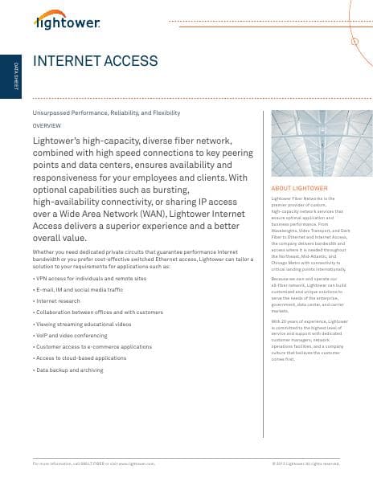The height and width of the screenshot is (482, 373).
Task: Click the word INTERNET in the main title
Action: click(x=64, y=62)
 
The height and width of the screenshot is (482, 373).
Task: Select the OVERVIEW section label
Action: click(x=46, y=126)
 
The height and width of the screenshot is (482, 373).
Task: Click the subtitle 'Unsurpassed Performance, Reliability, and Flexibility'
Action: click(x=106, y=113)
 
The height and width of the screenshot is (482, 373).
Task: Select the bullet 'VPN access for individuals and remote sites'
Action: click(x=90, y=277)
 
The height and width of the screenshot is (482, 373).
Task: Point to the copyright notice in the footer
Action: click(x=306, y=464)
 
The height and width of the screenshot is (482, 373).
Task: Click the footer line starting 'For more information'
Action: click(x=92, y=464)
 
